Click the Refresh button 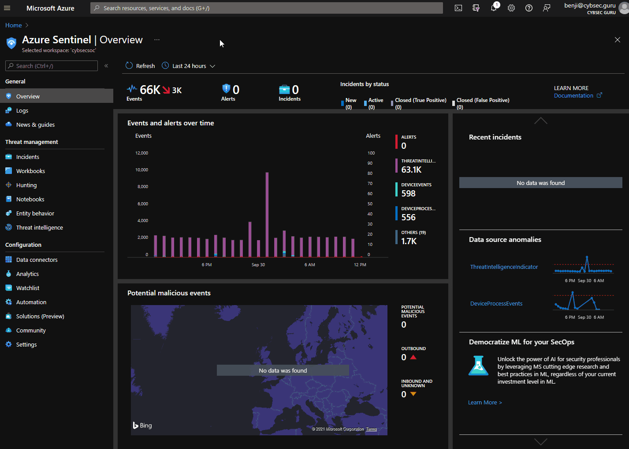(140, 66)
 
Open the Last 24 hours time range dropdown (189, 66)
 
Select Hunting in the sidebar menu (26, 185)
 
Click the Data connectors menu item (37, 260)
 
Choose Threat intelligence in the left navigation (39, 228)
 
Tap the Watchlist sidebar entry (28, 288)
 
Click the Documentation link (573, 96)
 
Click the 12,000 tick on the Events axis (142, 153)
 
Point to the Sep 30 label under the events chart (258, 265)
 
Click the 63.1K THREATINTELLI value (411, 170)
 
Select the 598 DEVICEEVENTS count (408, 194)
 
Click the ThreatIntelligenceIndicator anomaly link (504, 267)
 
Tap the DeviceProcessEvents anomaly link (496, 304)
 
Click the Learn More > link (485, 403)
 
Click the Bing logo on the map (142, 426)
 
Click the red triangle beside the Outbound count (413, 357)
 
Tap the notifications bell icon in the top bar (494, 8)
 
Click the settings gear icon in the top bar (511, 8)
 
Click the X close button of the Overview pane (617, 40)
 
